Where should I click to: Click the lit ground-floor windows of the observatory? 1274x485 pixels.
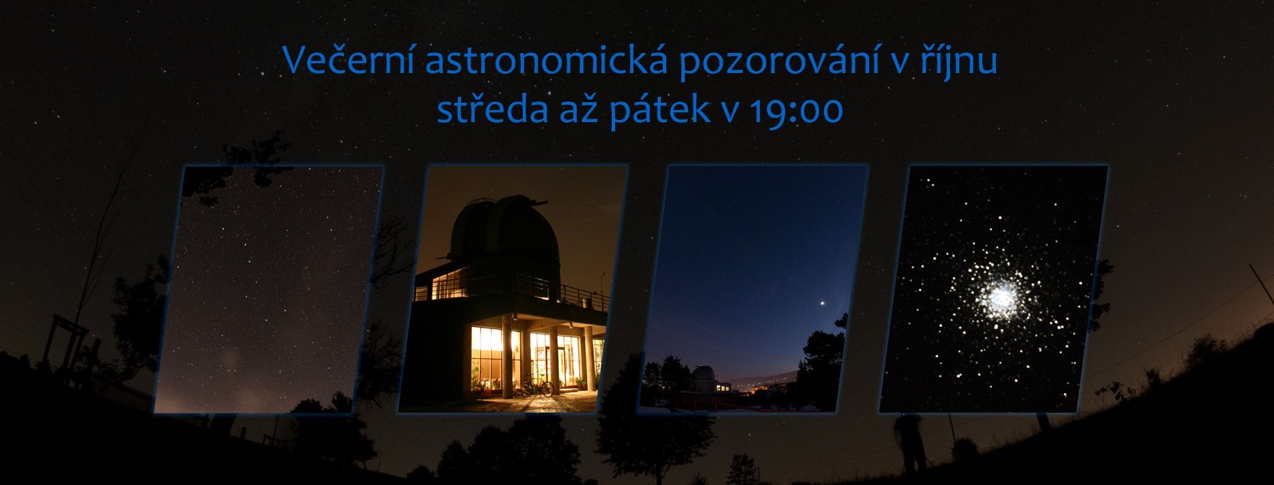[x=524, y=358]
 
